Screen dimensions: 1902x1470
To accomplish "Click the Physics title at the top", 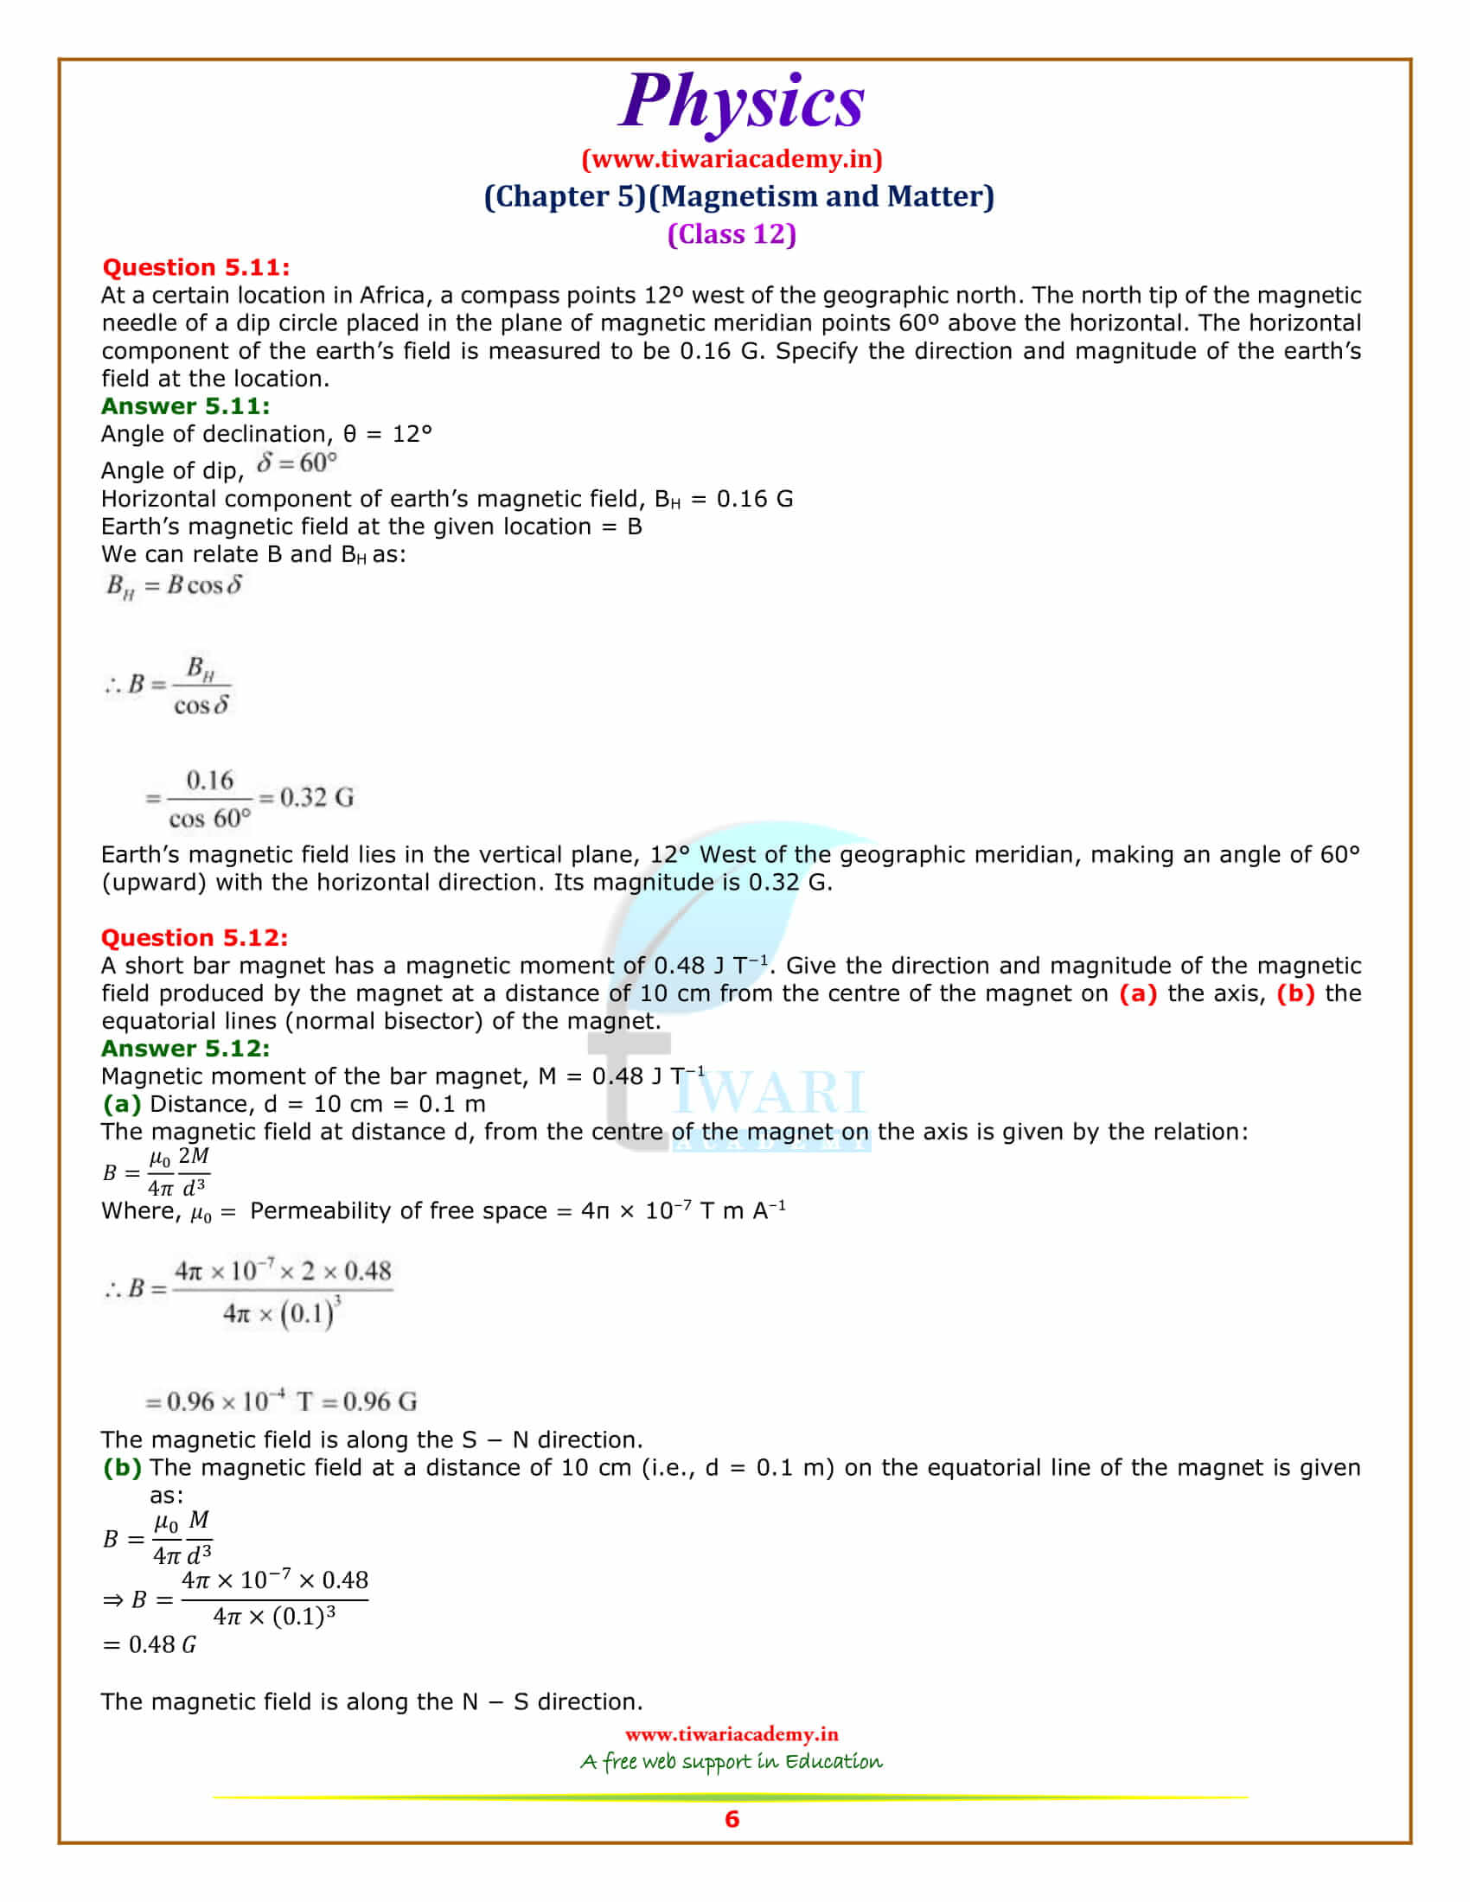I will [741, 102].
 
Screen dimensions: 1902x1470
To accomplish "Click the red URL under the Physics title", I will [732, 158].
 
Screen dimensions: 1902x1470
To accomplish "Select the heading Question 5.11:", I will [196, 267].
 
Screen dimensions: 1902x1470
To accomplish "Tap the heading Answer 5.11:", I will [186, 405].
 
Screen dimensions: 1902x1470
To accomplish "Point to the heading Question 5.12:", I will [195, 937].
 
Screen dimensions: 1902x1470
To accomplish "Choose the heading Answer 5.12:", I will [186, 1048].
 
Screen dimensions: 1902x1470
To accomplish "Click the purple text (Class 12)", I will [732, 234].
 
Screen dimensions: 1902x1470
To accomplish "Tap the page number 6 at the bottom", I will [732, 1818].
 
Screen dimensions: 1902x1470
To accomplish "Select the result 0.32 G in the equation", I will [317, 797].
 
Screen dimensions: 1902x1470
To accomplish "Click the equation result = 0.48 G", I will [150, 1644].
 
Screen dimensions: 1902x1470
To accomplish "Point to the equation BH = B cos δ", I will [174, 585].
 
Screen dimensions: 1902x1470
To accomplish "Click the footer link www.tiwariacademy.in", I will [732, 1734].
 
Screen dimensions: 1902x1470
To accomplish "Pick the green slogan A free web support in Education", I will [732, 1762].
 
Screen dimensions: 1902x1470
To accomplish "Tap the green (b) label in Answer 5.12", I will [122, 1467].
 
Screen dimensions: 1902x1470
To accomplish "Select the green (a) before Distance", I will [122, 1103].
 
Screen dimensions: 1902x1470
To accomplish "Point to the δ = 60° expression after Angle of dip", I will [296, 463].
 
